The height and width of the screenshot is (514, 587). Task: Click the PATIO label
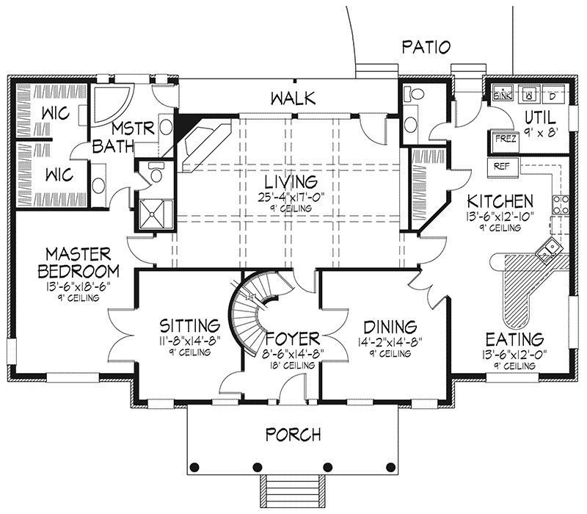[425, 48]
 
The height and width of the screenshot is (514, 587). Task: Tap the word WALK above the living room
[291, 98]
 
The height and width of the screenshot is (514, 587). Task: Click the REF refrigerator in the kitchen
[502, 166]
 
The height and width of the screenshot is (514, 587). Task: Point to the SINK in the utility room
[503, 95]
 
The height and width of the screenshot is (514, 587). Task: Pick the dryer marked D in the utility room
[553, 95]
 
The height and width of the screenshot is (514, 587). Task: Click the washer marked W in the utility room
[528, 95]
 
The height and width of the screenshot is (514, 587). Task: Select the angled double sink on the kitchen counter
[547, 250]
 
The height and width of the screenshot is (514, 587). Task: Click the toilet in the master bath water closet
[154, 173]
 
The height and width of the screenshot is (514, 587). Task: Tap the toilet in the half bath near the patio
[414, 94]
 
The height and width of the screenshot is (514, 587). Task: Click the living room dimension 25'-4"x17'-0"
[291, 197]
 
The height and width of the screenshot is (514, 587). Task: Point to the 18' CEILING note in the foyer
[292, 365]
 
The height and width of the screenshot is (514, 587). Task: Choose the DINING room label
[390, 326]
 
